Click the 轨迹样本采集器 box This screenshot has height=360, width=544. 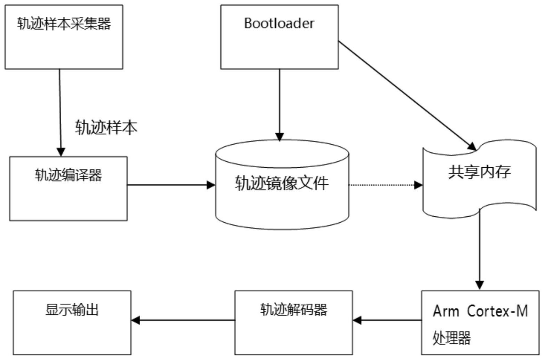pos(64,37)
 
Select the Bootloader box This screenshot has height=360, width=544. pos(279,37)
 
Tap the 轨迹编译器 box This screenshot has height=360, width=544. pos(68,189)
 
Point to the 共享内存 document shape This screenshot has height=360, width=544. pos(479,177)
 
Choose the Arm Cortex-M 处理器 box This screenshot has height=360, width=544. pos(480,323)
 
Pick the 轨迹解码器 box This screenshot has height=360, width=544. pos(293,323)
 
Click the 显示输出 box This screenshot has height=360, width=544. pos(72,323)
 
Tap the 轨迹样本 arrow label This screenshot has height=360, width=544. pos(106,128)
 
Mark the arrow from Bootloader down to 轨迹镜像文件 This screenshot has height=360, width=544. pos(279,104)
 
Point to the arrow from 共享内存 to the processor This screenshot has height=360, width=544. pos(480,250)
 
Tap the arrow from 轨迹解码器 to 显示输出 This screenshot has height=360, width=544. pos(183,320)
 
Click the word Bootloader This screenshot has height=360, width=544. pos(279,23)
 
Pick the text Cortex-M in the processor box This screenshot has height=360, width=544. pos(497,311)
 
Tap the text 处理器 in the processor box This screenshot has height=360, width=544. pos(451,337)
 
